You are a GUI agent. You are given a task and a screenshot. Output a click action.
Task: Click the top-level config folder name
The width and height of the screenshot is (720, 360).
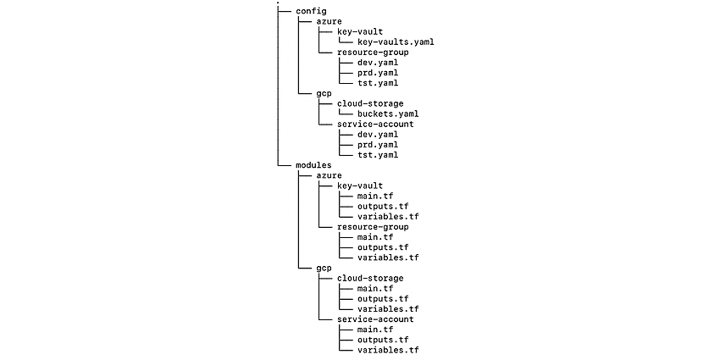click(x=311, y=11)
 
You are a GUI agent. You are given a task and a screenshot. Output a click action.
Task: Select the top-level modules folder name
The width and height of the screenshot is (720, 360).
click(x=313, y=165)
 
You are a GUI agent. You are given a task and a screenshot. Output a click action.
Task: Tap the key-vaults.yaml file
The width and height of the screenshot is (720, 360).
click(x=396, y=42)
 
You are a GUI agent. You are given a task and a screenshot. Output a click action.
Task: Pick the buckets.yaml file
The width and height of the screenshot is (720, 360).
click(x=388, y=114)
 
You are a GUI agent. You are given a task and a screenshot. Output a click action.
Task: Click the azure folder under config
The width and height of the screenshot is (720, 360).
click(x=329, y=21)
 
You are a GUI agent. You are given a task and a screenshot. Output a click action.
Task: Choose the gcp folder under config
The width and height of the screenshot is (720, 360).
click(x=324, y=94)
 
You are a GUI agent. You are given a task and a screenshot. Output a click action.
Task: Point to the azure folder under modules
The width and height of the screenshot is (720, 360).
click(x=329, y=175)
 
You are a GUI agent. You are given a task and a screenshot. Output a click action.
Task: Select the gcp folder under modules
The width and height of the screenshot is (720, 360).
click(x=324, y=269)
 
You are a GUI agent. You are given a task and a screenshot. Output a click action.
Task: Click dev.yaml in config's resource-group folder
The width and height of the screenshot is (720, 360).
click(x=378, y=63)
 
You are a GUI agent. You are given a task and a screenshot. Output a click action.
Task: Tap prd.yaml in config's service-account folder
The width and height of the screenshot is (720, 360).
click(x=378, y=145)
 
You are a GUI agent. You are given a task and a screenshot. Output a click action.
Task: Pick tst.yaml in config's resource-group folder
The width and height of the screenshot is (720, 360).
click(x=378, y=83)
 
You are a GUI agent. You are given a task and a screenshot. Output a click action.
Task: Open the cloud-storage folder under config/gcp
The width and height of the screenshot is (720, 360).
click(x=370, y=104)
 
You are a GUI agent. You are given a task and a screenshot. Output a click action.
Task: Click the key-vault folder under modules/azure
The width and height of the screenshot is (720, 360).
click(x=360, y=186)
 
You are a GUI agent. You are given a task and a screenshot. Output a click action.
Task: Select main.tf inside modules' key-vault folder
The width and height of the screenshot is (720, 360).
click(x=375, y=196)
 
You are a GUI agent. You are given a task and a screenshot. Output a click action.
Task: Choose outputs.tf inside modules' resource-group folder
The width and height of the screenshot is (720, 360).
click(x=383, y=247)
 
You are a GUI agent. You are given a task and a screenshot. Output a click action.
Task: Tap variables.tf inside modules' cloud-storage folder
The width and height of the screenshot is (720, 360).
click(x=388, y=309)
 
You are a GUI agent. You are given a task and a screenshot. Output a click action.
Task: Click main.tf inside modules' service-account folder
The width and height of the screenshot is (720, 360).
click(x=375, y=330)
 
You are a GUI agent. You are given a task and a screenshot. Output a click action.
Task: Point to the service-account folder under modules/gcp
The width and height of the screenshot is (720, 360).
click(x=375, y=319)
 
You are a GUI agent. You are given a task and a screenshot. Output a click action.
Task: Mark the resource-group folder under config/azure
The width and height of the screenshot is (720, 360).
click(x=373, y=53)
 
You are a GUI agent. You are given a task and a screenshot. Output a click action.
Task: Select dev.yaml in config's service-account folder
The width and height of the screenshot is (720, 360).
click(x=378, y=135)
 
